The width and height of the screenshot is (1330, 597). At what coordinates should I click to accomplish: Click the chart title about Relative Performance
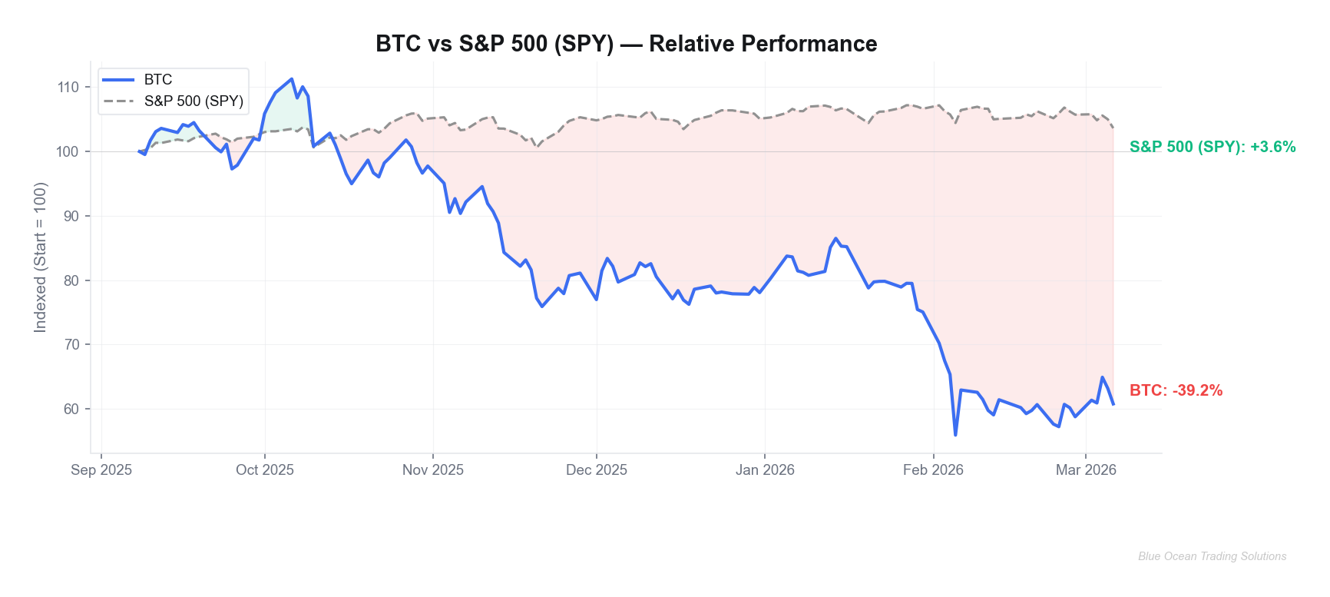click(x=626, y=44)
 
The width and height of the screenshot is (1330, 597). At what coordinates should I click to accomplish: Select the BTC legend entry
click(x=157, y=80)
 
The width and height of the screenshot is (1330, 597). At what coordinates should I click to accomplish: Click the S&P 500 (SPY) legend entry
click(x=194, y=101)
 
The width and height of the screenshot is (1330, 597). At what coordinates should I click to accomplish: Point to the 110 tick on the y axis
click(x=68, y=88)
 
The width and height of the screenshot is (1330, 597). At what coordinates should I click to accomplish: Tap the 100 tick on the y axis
click(x=68, y=151)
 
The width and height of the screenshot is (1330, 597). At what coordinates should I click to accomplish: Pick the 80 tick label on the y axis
click(x=71, y=280)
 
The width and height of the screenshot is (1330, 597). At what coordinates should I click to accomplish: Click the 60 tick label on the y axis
click(x=71, y=409)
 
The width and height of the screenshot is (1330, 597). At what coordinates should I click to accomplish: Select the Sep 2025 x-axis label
click(x=101, y=470)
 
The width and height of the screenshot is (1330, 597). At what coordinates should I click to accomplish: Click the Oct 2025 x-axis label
click(x=265, y=470)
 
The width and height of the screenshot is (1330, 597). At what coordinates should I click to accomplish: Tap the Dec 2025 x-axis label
click(x=597, y=470)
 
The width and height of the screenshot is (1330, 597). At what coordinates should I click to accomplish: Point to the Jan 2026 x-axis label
click(x=765, y=470)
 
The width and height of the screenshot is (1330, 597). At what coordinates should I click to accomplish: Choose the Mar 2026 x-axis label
click(x=1086, y=470)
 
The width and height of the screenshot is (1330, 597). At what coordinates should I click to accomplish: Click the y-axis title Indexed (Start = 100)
click(x=41, y=257)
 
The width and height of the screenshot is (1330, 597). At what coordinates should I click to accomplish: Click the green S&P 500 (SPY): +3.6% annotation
click(x=1213, y=147)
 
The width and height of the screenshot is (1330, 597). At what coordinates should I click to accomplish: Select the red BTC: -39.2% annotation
click(x=1176, y=390)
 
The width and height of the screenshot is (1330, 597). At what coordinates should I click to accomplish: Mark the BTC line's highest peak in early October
click(x=292, y=79)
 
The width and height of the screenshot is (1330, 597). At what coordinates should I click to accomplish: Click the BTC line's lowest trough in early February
click(x=955, y=435)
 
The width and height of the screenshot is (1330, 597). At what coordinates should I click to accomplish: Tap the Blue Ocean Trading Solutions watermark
click(x=1212, y=556)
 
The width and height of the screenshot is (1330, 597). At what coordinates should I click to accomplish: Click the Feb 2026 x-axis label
click(x=933, y=470)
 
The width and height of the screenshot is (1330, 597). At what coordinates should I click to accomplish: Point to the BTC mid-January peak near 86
click(x=836, y=239)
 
